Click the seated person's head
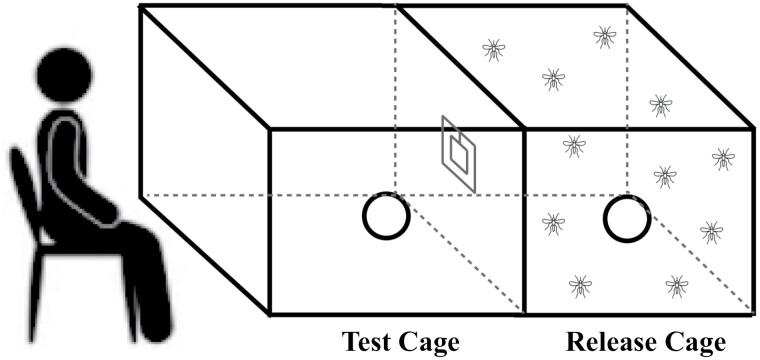coord(64,75)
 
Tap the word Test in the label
coord(369,342)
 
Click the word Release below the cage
coord(614,342)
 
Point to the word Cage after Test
coord(430,343)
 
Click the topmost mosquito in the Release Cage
coord(604,37)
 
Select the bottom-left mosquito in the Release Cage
coord(580,286)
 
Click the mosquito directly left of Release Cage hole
coord(554,224)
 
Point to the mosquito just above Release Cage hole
coord(665,177)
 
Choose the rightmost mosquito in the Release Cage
coord(723,159)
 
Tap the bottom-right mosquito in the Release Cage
coord(677,286)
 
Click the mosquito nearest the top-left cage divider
coord(493,50)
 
